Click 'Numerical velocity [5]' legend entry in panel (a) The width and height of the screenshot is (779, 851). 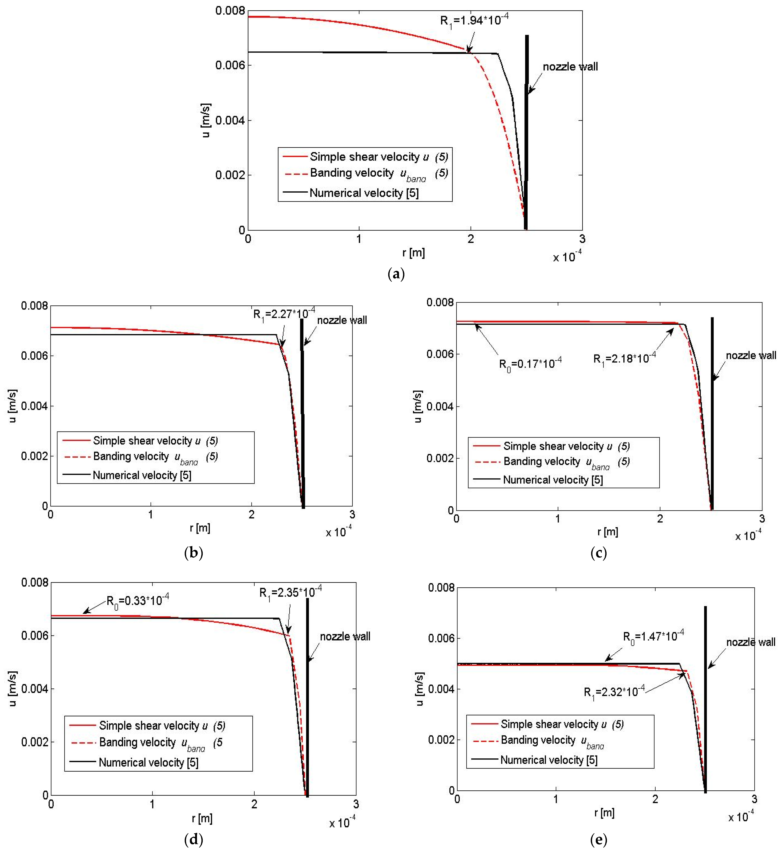pos(364,193)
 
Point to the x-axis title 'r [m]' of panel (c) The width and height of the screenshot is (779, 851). pos(608,532)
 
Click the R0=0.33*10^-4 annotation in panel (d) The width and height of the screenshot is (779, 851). pos(138,600)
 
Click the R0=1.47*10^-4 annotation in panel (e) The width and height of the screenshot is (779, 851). pos(653,636)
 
